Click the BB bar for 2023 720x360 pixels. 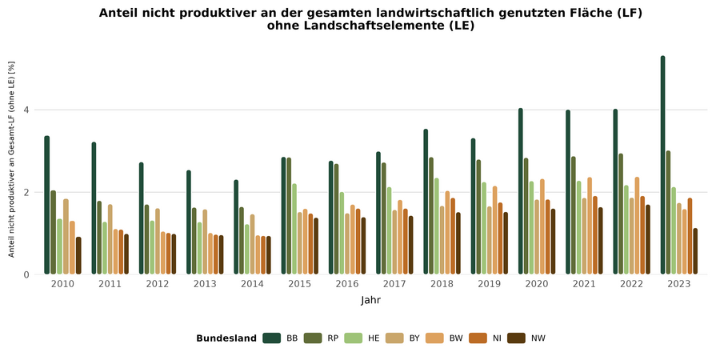point(663,166)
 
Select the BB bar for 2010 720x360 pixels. point(47,206)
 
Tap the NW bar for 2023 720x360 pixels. point(695,252)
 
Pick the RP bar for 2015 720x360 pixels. point(289,216)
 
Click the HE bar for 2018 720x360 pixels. point(437,226)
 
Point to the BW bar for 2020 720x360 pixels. point(542,227)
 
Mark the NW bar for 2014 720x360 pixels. point(268,255)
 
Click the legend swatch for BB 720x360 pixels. point(271,338)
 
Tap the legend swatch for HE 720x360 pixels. point(351,338)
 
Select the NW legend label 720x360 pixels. point(538,338)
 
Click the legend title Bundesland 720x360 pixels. point(226,338)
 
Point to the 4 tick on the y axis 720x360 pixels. point(26,110)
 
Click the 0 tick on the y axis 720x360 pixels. point(26,275)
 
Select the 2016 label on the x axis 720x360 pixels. point(347,285)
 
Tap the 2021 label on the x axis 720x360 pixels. point(584,285)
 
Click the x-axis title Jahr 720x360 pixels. point(370,302)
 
